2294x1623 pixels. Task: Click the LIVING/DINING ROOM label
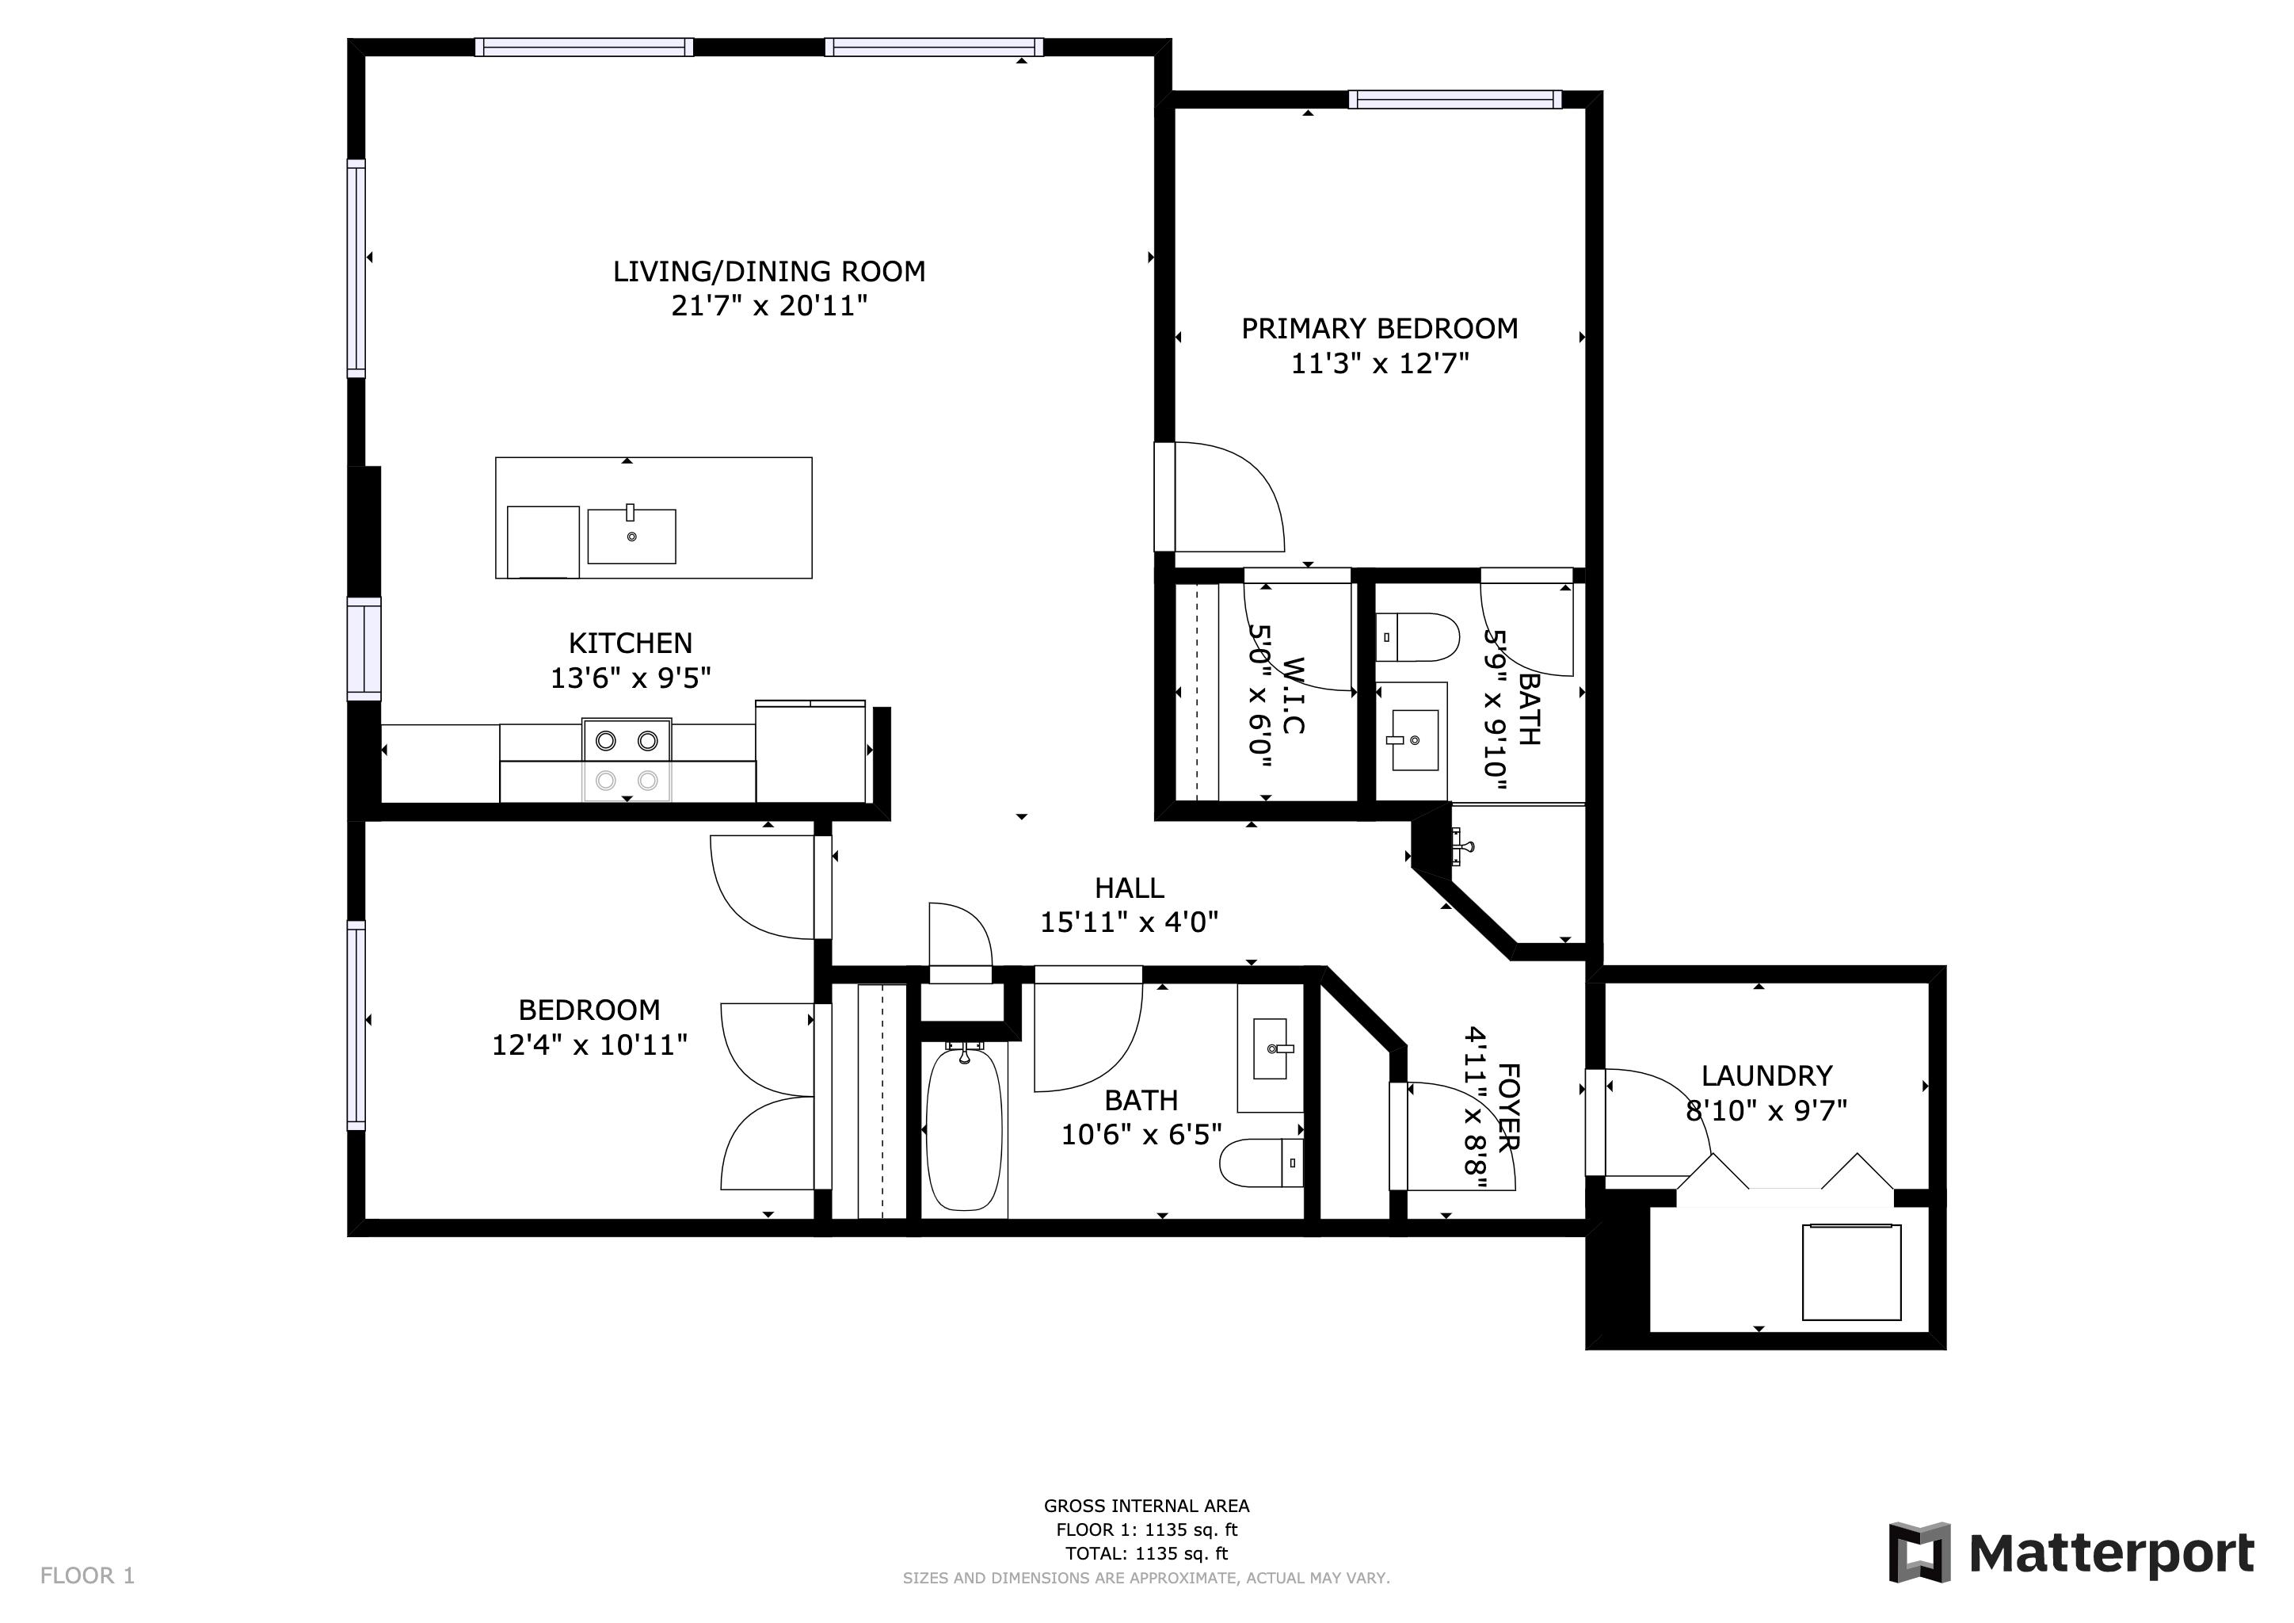coord(768,271)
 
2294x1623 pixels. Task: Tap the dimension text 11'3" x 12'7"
coord(1380,364)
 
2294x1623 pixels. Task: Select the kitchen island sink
coord(631,536)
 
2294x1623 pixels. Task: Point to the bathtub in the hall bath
coord(963,1129)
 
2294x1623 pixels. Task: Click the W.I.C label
coord(1292,697)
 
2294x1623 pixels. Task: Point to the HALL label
coord(1129,888)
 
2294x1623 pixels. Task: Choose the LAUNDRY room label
coord(1766,1075)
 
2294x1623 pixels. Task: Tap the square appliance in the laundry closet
coord(1850,1272)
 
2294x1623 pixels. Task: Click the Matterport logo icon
coord(1919,1552)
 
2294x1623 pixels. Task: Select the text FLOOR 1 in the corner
coord(87,1576)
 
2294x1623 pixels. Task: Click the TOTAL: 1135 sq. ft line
coord(1146,1553)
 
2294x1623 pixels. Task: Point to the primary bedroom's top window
coord(1454,99)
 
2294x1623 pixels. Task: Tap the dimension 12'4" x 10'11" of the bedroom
coord(589,1045)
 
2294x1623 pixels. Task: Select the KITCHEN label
coord(630,643)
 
